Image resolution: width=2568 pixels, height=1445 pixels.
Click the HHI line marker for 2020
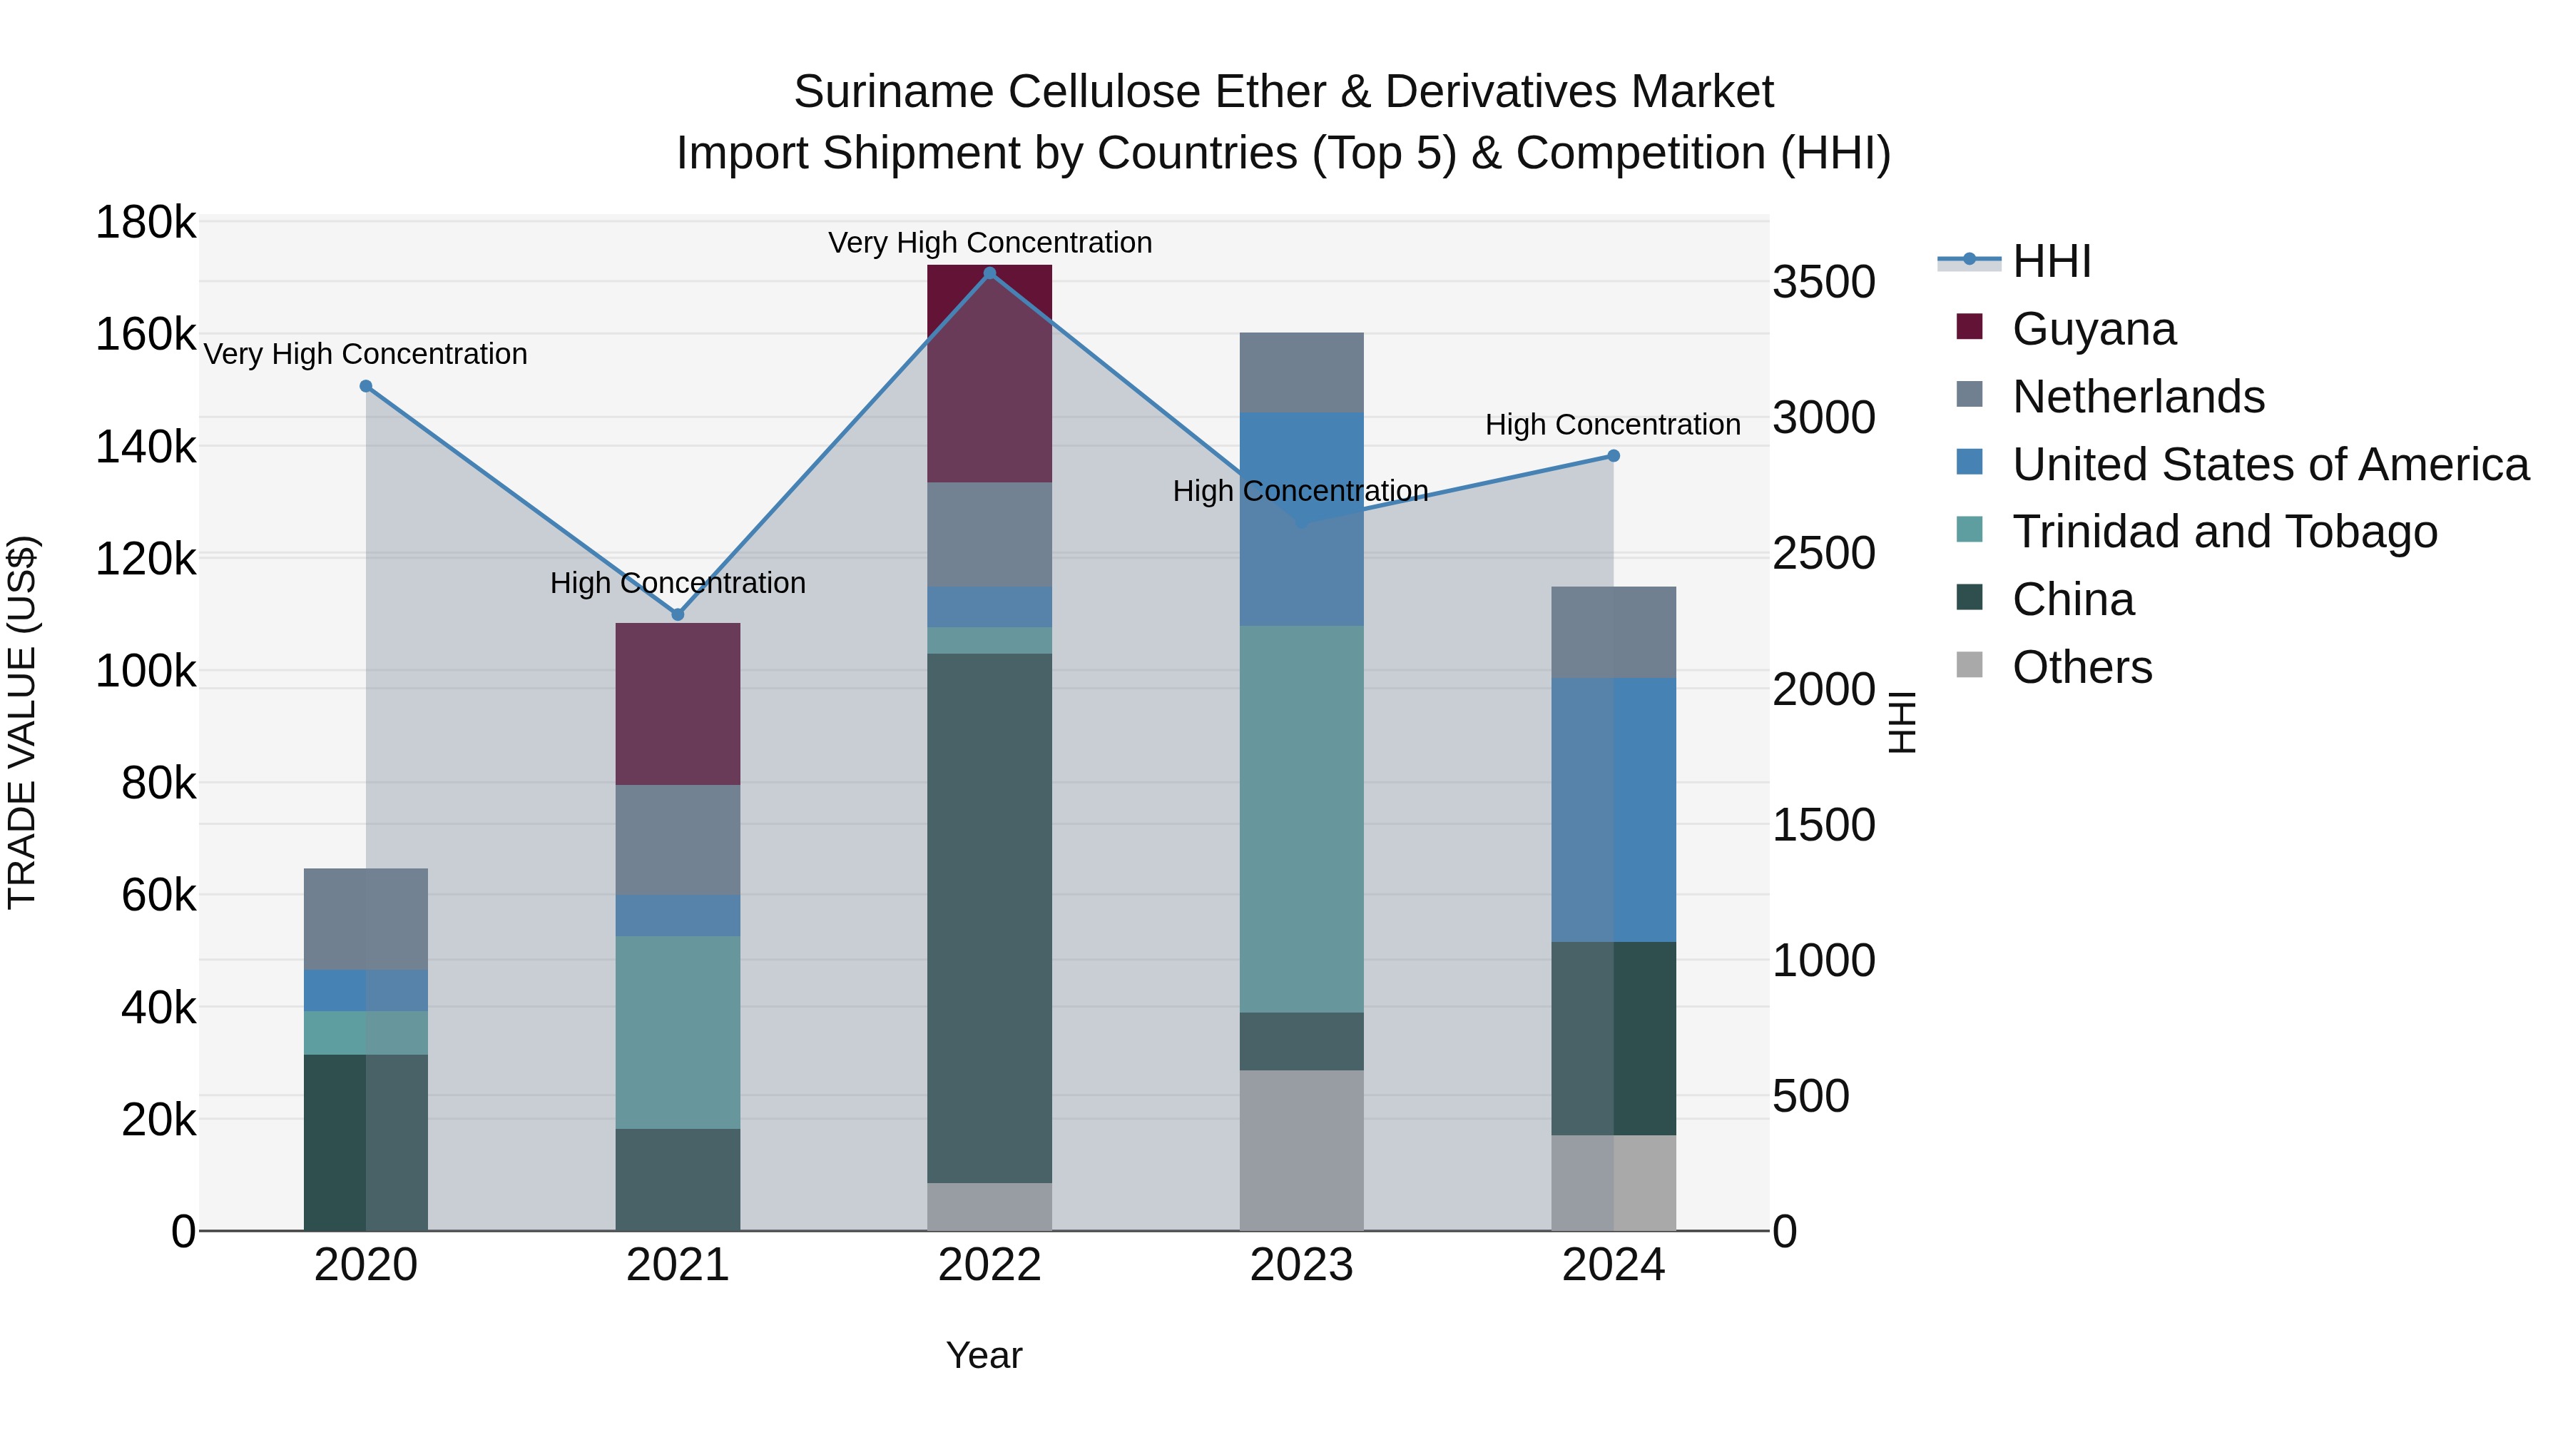point(366,387)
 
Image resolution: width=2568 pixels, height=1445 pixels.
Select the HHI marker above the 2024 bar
point(1613,456)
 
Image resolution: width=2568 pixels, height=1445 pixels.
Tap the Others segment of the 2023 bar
point(1301,1150)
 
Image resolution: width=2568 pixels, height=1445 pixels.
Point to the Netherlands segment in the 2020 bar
point(366,918)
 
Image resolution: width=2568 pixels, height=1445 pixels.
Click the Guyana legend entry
point(2094,329)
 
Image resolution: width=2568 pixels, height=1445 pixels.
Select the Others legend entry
point(2082,667)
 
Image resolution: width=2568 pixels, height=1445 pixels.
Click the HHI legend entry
point(2052,261)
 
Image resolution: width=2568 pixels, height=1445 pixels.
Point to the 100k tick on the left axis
point(146,671)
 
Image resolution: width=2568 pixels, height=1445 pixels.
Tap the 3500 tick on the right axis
point(1823,282)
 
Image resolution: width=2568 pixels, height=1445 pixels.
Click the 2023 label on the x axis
point(1301,1265)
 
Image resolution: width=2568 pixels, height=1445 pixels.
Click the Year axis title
point(984,1355)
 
